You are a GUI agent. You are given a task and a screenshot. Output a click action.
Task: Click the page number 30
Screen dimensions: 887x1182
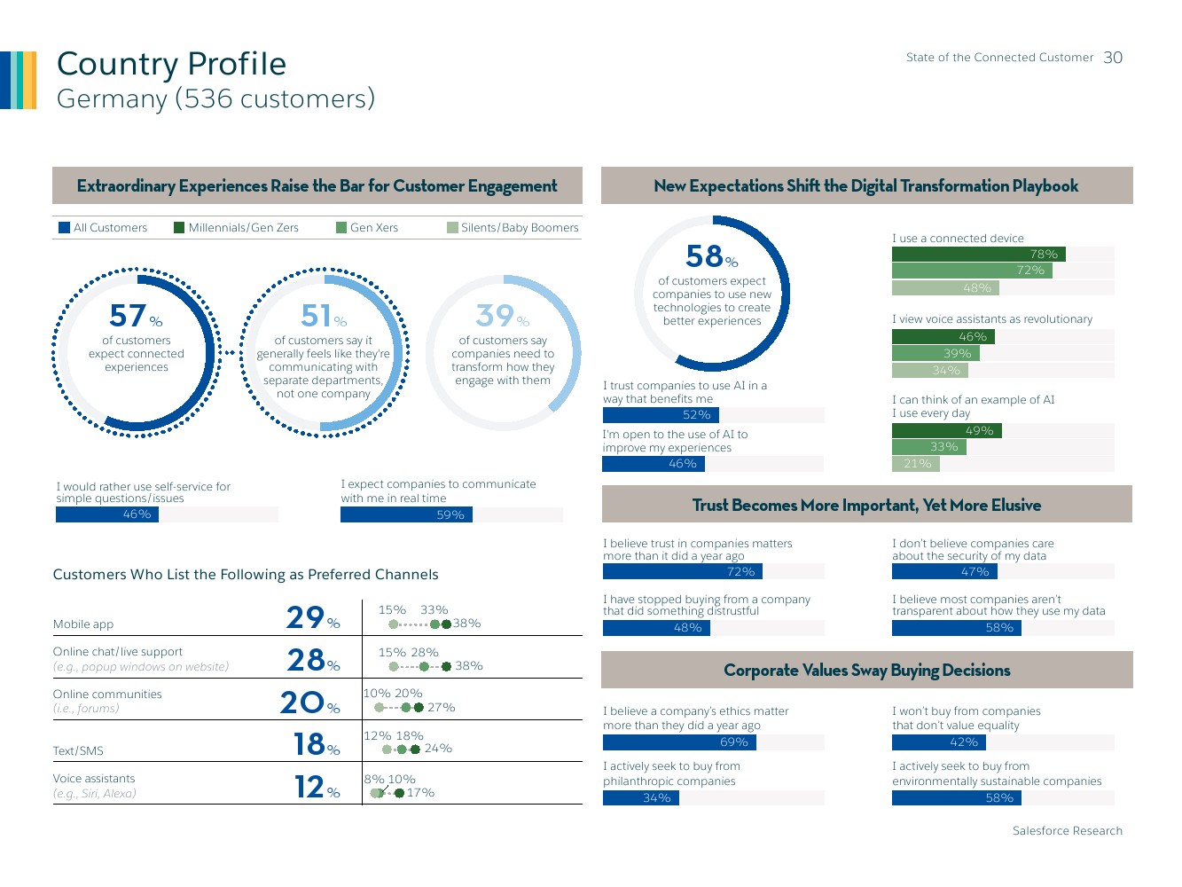click(x=1113, y=58)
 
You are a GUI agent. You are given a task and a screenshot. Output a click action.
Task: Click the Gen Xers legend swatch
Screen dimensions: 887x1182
click(x=341, y=228)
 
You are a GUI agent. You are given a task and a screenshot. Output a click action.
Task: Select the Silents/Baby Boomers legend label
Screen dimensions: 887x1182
click(x=520, y=228)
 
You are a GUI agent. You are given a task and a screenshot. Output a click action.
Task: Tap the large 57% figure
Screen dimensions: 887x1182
click(x=135, y=316)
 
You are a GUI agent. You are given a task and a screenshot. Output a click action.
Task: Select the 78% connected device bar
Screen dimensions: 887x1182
click(x=978, y=255)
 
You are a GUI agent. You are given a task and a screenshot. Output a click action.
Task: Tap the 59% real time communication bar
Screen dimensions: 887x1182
click(x=406, y=515)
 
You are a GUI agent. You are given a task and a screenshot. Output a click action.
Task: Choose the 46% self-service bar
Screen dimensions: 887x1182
click(x=107, y=514)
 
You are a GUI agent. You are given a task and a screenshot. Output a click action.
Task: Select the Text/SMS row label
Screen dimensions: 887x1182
click(x=78, y=751)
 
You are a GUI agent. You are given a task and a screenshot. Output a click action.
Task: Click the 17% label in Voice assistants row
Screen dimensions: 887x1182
click(x=420, y=793)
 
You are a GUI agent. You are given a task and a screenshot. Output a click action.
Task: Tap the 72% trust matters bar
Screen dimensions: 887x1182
click(x=682, y=572)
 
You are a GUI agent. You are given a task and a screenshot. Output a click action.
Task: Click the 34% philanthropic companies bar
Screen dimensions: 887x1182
click(x=640, y=798)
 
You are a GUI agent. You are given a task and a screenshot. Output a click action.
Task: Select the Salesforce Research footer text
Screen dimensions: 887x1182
click(x=1067, y=831)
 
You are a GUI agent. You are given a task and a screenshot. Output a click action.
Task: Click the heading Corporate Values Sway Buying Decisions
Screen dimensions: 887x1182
click(x=866, y=671)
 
